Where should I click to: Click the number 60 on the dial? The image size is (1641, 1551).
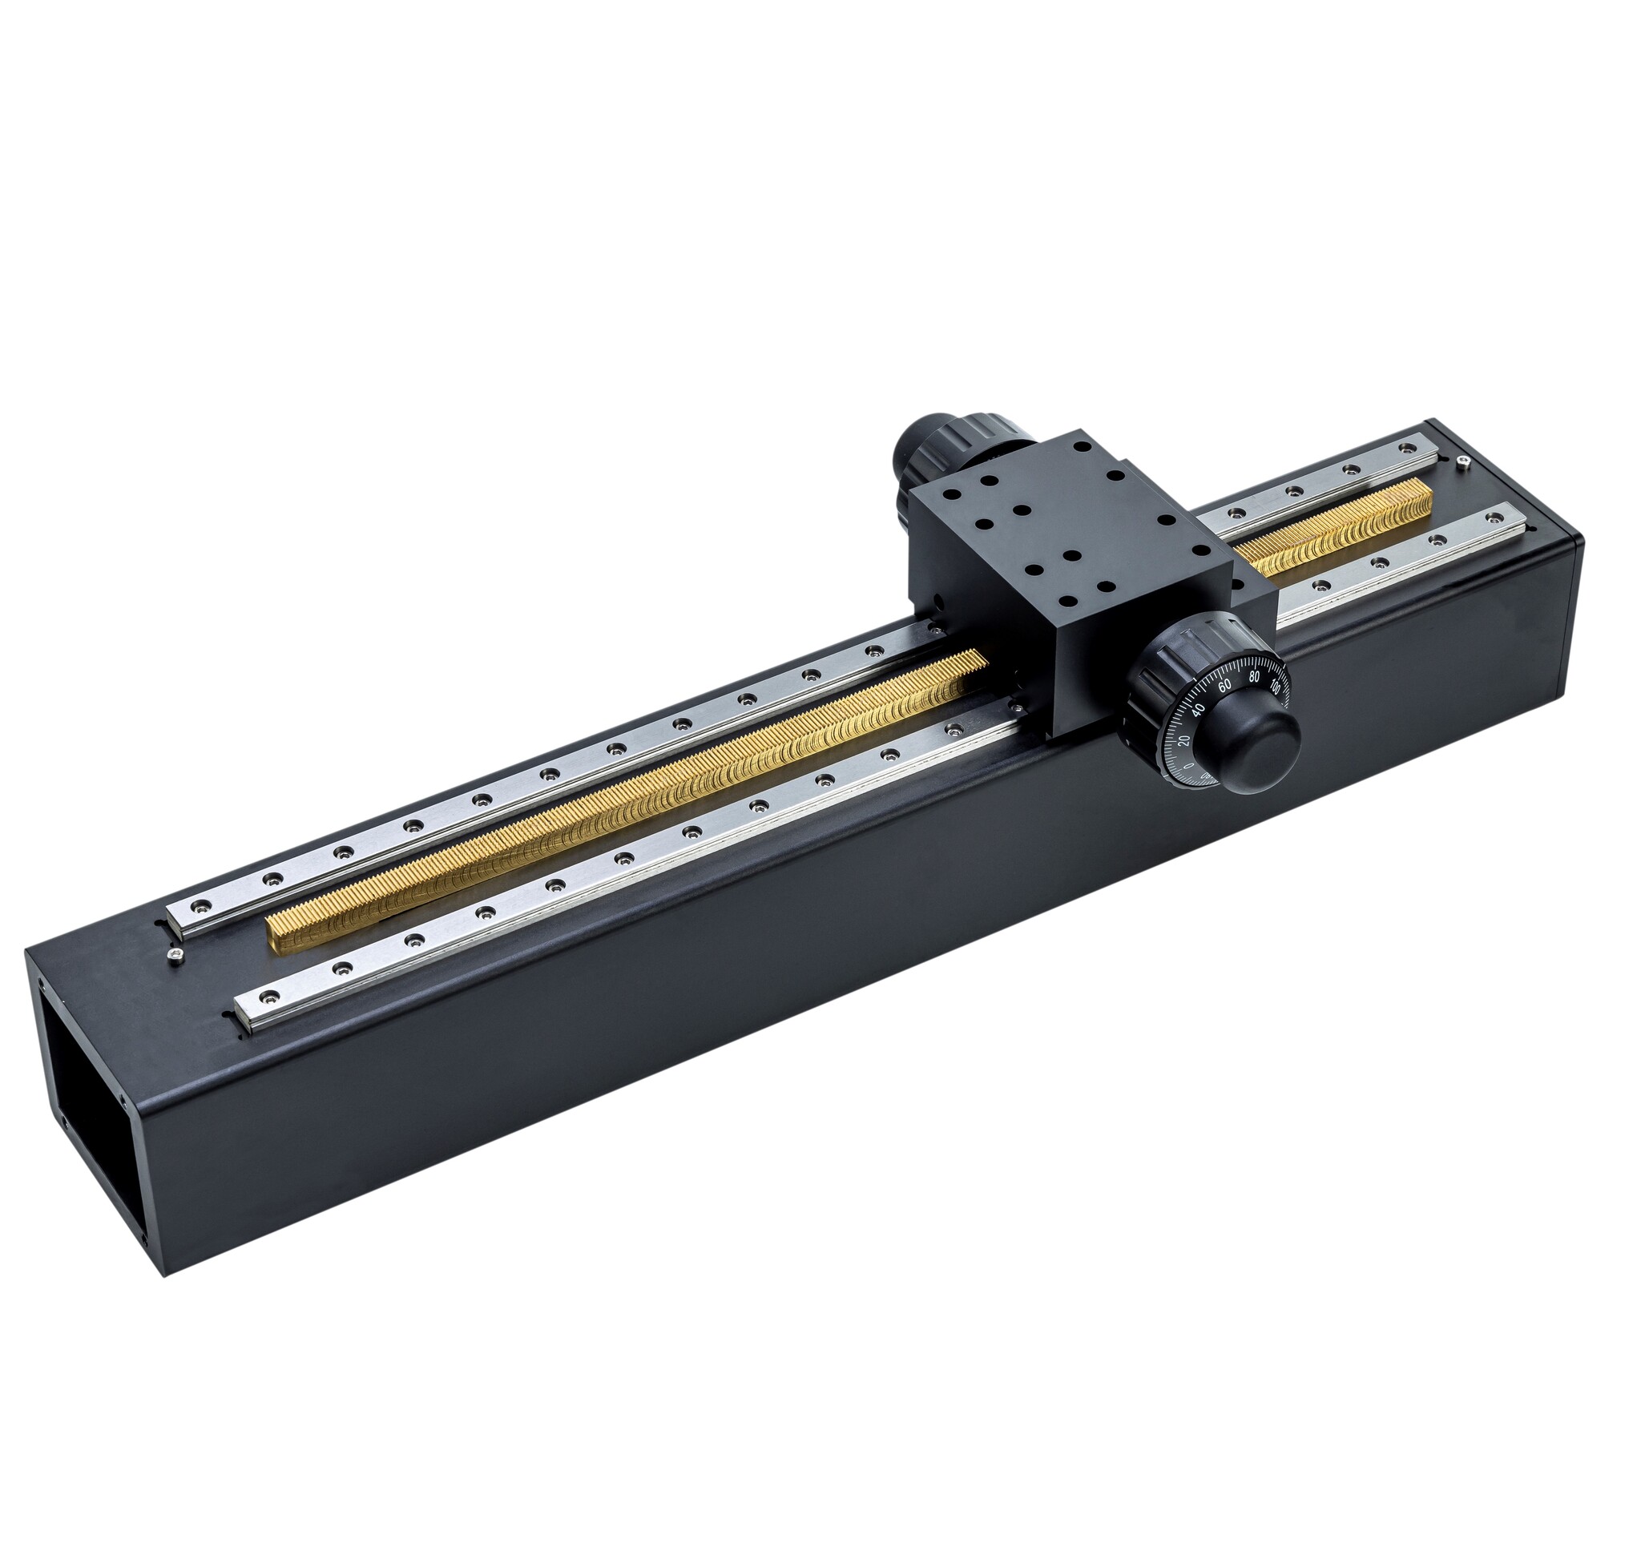pyautogui.click(x=1224, y=683)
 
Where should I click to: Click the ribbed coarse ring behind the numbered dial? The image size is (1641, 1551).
pyautogui.click(x=1166, y=670)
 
